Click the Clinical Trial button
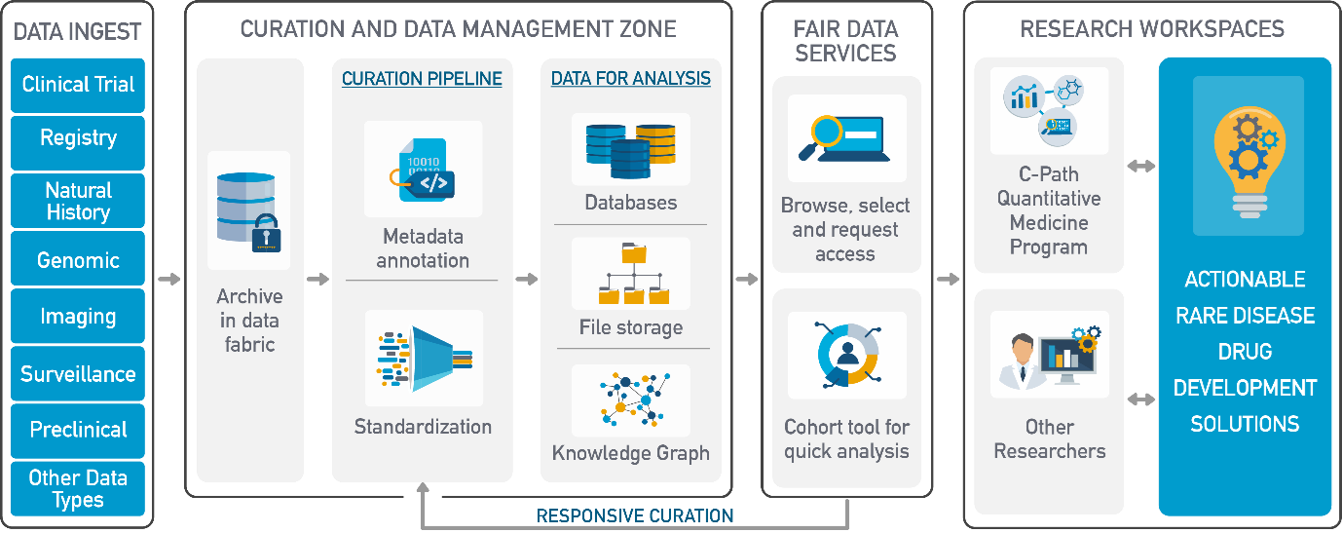coord(78,85)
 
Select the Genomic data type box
coord(78,258)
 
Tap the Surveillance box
coord(78,373)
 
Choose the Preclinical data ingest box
coord(78,431)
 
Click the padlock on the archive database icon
coord(266,234)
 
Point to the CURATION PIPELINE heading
coord(422,79)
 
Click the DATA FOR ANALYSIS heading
coord(631,79)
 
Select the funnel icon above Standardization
coord(425,358)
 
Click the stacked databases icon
coord(631,150)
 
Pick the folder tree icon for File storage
coord(634,274)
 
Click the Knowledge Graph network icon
coord(634,400)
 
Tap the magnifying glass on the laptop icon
coord(825,135)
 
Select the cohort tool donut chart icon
coord(847,355)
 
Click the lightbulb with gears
coord(1249,162)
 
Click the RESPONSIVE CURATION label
coord(634,515)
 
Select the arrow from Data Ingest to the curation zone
coord(168,279)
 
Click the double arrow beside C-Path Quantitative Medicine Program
coord(1140,166)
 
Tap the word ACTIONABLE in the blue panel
coord(1245,280)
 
